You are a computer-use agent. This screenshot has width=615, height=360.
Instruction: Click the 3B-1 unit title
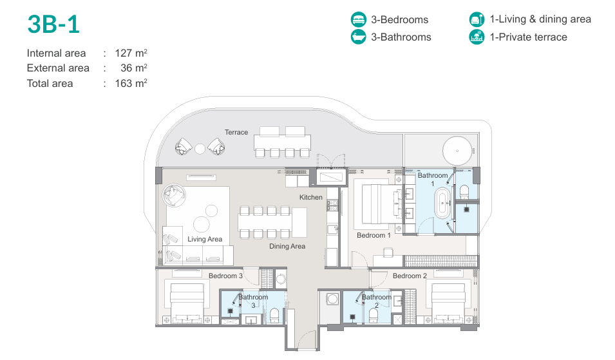click(x=53, y=24)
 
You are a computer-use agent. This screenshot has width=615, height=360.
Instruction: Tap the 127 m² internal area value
click(x=131, y=53)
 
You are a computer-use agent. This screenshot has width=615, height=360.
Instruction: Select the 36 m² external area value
click(x=134, y=68)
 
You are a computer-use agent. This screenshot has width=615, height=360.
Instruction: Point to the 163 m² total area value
click(x=131, y=83)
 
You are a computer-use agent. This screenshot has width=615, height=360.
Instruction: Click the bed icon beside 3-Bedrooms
click(x=358, y=19)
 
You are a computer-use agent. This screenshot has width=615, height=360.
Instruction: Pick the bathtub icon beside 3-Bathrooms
click(x=358, y=37)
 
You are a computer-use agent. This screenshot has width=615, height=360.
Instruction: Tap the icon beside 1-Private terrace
click(x=477, y=37)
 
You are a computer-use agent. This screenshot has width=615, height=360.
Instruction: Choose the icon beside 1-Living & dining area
click(x=477, y=19)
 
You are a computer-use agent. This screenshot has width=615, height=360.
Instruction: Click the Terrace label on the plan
click(x=236, y=132)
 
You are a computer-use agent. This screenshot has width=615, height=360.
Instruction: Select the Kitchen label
click(x=310, y=197)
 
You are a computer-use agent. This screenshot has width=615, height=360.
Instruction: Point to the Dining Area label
click(x=287, y=246)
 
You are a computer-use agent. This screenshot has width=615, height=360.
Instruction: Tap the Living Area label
click(x=205, y=239)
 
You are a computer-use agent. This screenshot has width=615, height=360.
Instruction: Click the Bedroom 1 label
click(x=374, y=235)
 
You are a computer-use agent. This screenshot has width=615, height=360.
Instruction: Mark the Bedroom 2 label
click(x=410, y=276)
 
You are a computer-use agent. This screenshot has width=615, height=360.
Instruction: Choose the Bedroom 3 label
click(x=225, y=276)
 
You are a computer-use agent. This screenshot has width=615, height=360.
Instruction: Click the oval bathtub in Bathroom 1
click(x=442, y=203)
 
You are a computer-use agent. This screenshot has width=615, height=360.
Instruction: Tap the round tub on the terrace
click(x=457, y=151)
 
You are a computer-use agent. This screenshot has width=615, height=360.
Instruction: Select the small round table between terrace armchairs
click(x=200, y=149)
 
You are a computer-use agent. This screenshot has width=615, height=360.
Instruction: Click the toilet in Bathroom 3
click(x=274, y=315)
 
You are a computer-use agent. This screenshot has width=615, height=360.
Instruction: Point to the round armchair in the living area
click(x=174, y=195)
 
